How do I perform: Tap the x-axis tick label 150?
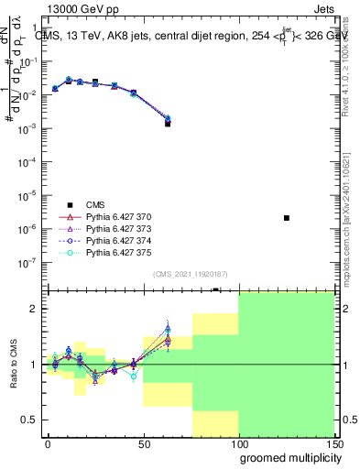(334, 444)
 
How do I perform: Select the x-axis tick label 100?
(238, 444)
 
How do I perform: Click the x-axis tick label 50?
(144, 444)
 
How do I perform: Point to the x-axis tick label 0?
(48, 444)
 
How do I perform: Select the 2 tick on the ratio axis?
(33, 309)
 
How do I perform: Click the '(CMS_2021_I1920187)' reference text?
(188, 272)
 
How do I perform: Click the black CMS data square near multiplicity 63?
(168, 123)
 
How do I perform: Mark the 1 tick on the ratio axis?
(33, 365)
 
